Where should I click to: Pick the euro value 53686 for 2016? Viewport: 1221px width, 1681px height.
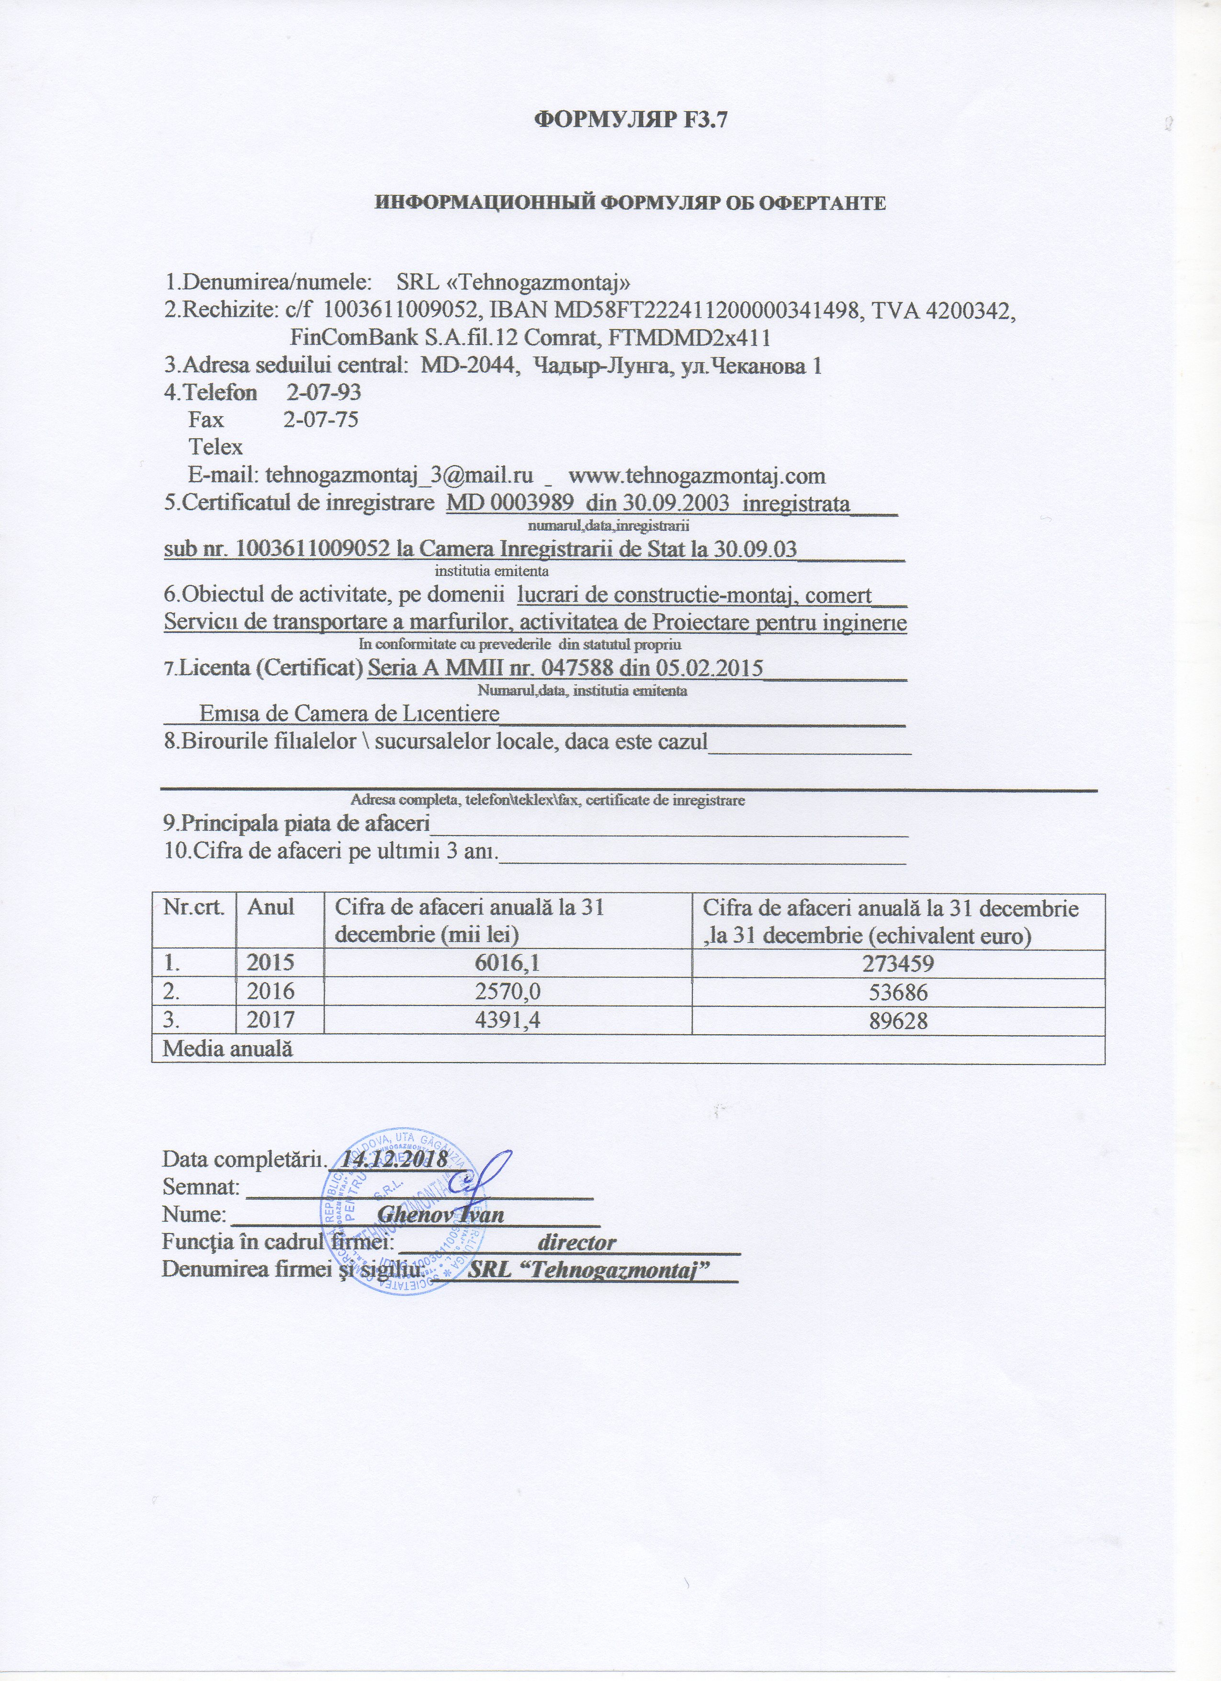point(897,992)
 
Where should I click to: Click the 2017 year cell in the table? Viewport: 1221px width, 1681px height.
point(273,1020)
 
